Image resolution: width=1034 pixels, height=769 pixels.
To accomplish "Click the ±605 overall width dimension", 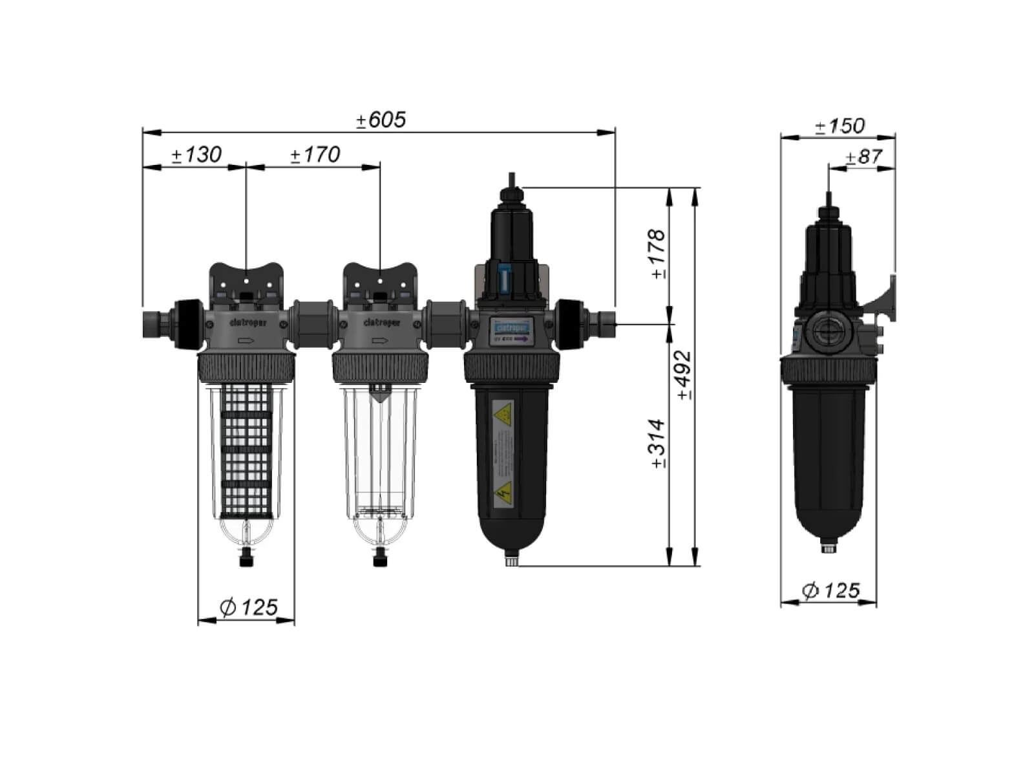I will [x=381, y=120].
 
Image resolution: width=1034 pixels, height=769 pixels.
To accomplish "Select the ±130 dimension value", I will [x=196, y=155].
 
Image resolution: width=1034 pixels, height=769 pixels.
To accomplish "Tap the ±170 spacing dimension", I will [x=315, y=155].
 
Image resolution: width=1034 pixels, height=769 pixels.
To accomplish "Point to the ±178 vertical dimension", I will [x=657, y=253].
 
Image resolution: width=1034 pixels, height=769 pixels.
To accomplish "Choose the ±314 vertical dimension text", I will [x=657, y=444].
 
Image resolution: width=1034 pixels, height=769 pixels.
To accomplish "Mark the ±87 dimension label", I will [x=863, y=157].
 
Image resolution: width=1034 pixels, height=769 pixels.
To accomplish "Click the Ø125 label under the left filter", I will [x=248, y=607].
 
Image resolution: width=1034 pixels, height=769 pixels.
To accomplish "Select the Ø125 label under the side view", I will [x=830, y=590].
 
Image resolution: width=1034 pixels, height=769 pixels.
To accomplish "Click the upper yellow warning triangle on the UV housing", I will [x=502, y=412].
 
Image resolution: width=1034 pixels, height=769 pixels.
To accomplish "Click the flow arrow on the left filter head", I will [x=246, y=341].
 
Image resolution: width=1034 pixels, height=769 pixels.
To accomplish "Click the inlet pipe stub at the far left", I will [x=154, y=321].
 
